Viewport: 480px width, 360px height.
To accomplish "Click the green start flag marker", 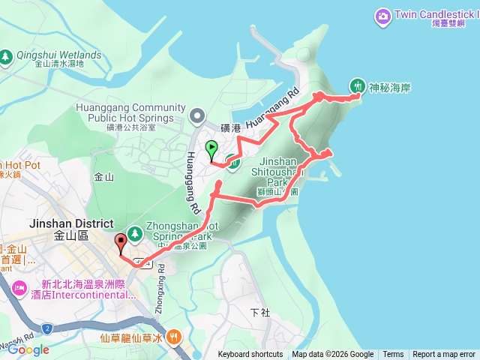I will [211, 148].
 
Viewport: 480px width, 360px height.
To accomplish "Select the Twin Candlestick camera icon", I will [383, 15].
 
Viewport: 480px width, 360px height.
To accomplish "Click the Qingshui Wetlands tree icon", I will [6, 55].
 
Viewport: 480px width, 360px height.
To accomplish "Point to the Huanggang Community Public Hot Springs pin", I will [197, 115].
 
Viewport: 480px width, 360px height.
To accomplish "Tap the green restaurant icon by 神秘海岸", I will [358, 86].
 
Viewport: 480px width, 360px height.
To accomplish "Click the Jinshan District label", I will [70, 224].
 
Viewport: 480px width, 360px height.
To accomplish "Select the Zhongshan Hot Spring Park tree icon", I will [135, 232].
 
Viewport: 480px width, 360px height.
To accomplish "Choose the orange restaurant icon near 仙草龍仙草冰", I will [175, 337].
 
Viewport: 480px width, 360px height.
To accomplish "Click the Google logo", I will [28, 349].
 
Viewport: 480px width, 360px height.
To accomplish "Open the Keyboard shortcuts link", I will [250, 355].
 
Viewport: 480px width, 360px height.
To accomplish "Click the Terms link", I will [393, 355].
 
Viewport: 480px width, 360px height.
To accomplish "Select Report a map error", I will [444, 355].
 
